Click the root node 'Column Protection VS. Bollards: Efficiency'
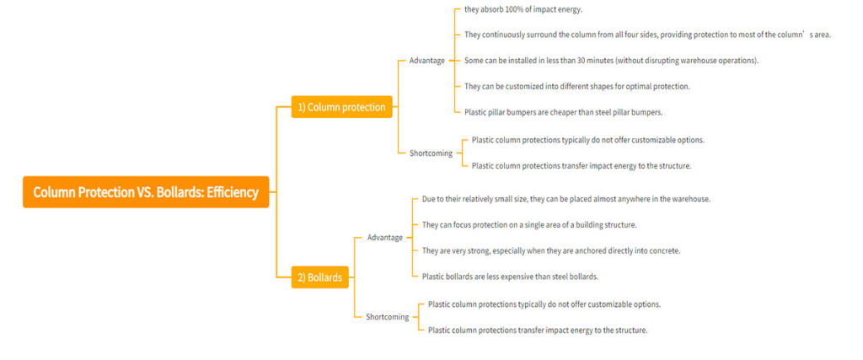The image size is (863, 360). (x=146, y=192)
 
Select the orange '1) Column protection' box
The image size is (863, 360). (x=342, y=107)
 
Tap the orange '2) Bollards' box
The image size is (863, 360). (x=319, y=277)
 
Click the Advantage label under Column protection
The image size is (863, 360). (x=427, y=61)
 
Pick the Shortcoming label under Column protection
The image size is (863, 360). (x=431, y=153)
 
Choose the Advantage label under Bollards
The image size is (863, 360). (x=385, y=237)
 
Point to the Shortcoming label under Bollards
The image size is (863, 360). (x=388, y=316)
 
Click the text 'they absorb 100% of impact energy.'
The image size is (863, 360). (x=523, y=9)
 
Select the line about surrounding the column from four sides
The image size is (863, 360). (x=648, y=35)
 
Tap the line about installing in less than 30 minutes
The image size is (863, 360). (x=612, y=60)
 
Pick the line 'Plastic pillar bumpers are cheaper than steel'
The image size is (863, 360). (x=564, y=112)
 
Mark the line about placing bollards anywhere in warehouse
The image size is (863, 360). (x=566, y=199)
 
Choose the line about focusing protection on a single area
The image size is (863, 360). (x=529, y=224)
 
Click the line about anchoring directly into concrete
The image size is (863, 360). (x=551, y=250)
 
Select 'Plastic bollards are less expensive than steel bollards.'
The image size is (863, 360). (x=510, y=277)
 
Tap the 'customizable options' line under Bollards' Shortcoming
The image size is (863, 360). (x=544, y=304)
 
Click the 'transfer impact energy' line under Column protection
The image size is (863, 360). (x=582, y=165)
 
